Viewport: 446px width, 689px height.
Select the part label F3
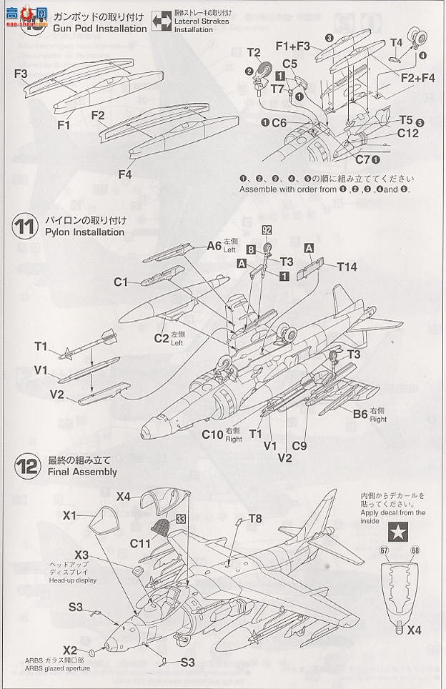click(20, 74)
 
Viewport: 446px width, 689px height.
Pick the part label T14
click(347, 266)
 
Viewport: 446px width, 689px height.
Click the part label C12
click(407, 133)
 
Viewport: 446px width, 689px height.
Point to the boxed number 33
click(181, 519)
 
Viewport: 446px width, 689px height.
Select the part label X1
click(69, 515)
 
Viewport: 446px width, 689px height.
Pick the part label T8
click(255, 518)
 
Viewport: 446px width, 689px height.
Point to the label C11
click(140, 543)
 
